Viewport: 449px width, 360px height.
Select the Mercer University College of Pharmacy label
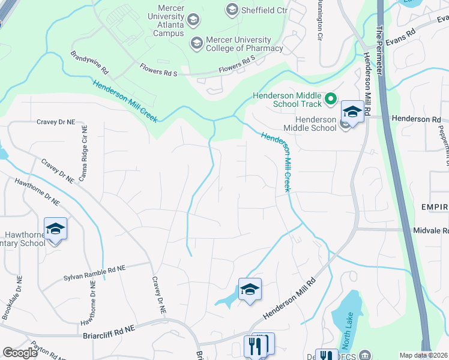[244, 43]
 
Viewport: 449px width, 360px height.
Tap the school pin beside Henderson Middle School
[352, 112]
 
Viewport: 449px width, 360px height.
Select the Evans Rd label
[402, 37]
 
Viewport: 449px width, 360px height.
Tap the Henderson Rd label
[416, 119]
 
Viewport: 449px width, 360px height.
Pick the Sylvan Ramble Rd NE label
[95, 274]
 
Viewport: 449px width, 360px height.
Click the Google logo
[20, 352]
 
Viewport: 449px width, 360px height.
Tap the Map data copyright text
[423, 355]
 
